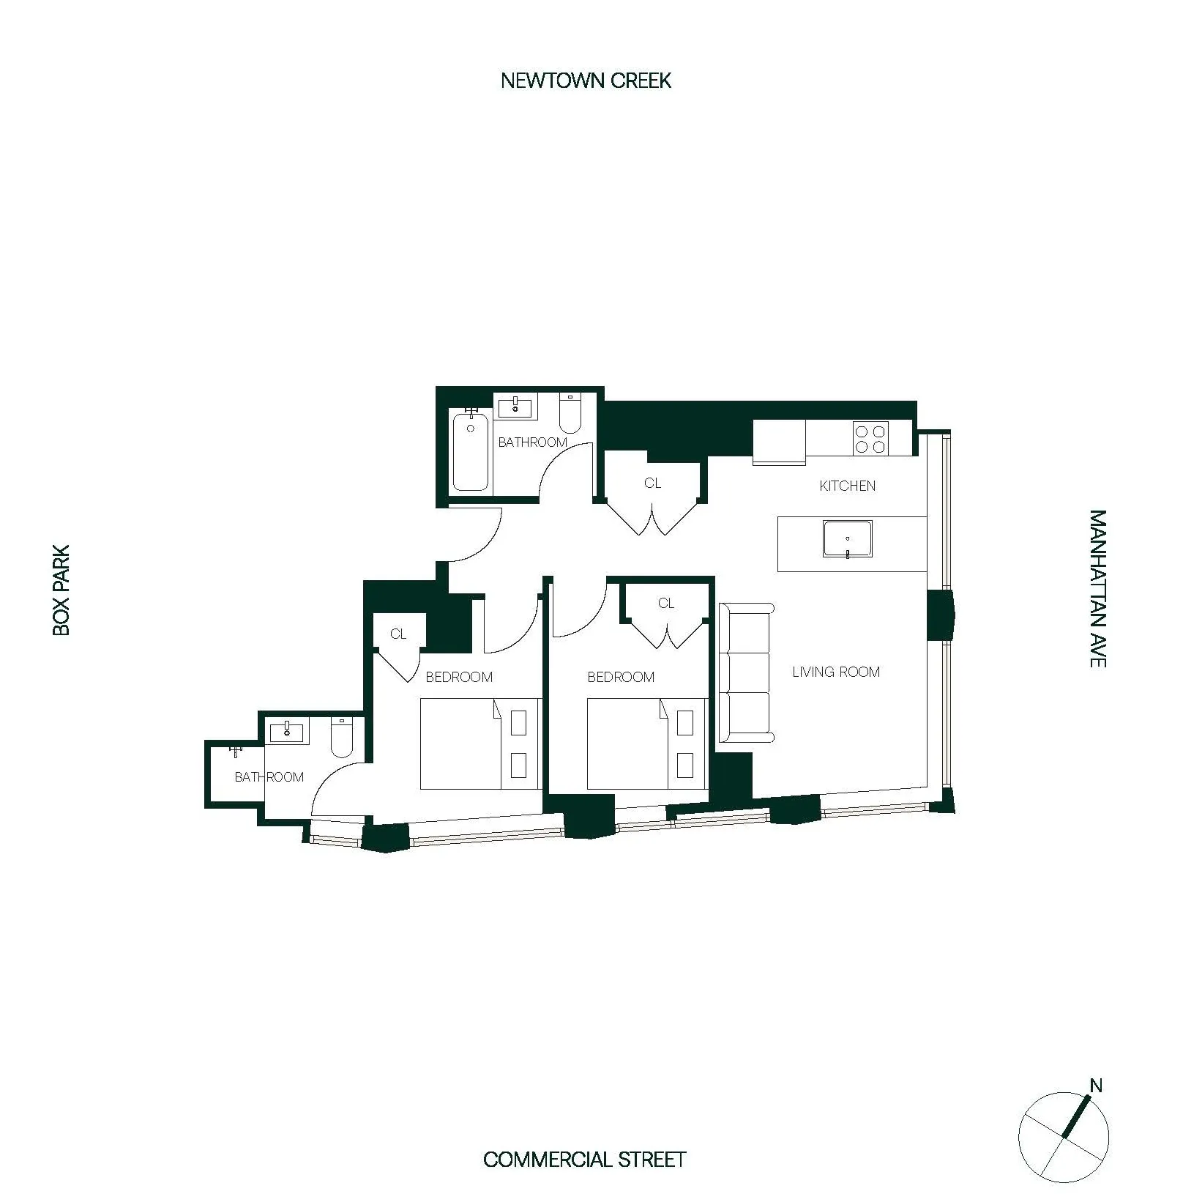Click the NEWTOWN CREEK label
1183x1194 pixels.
coord(586,81)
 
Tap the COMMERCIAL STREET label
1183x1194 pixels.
coord(584,1160)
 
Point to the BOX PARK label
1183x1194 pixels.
coord(61,590)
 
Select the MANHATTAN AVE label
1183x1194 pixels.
coord(1097,588)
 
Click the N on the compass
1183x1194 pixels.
coord(1096,1086)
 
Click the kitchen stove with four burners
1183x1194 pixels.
coord(871,438)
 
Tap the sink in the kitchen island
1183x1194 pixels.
coord(847,539)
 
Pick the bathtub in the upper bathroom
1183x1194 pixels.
coord(470,453)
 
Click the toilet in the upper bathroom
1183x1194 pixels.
coord(570,415)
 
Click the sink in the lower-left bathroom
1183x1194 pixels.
coord(287,730)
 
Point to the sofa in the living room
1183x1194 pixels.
coord(746,672)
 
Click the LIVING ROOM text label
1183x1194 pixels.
coord(836,672)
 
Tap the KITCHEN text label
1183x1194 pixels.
coord(847,486)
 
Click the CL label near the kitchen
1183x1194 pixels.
coord(652,483)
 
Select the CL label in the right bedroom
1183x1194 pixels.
coord(665,604)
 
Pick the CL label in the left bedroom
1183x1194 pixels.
coord(398,634)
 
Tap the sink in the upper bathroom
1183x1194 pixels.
coord(516,406)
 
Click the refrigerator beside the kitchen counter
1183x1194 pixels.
coord(779,441)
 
